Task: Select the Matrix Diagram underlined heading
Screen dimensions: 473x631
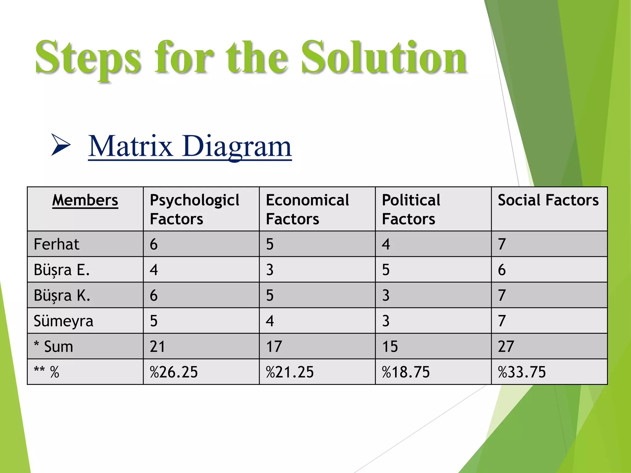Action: [190, 146]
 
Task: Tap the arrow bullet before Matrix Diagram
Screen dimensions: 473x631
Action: [61, 144]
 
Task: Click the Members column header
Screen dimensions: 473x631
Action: [85, 200]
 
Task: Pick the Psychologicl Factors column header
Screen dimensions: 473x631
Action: [194, 209]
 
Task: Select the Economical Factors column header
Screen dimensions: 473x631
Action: [307, 209]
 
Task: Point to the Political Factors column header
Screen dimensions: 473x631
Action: [411, 209]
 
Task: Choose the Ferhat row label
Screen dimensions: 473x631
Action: [56, 244]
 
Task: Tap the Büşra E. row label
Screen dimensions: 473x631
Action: [62, 270]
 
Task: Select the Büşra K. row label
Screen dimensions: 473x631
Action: [62, 295]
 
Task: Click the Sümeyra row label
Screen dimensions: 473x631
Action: [63, 321]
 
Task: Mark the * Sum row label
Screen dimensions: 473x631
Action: [54, 346]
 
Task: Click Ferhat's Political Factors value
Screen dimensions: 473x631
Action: [386, 244]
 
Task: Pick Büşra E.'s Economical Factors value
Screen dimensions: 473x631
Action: [270, 270]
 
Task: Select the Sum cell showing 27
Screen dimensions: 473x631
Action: [506, 346]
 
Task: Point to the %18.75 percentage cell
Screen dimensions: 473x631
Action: [406, 372]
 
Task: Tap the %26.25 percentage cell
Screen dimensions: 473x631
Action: [174, 372]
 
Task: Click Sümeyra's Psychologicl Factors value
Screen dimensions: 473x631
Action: [154, 321]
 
